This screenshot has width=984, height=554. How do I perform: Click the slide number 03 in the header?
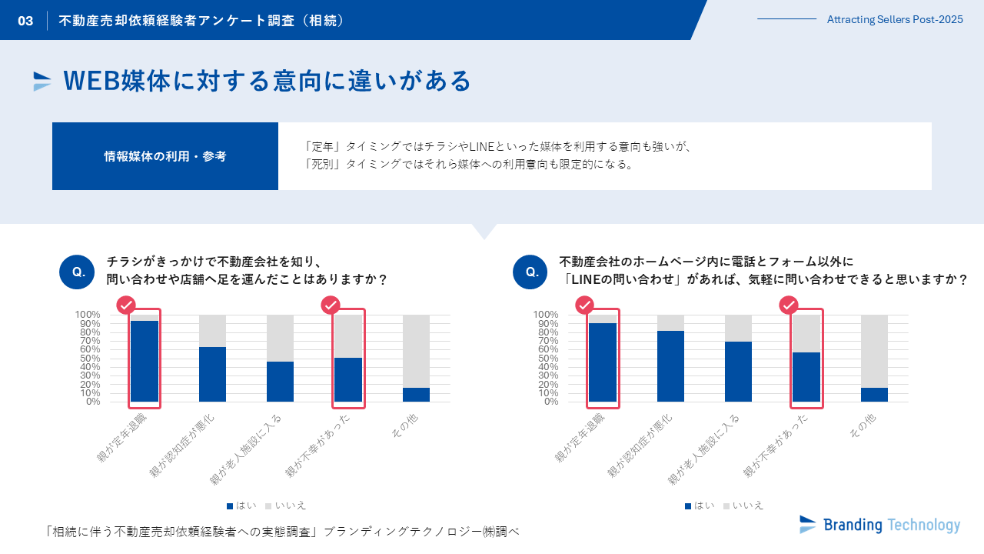pos(25,21)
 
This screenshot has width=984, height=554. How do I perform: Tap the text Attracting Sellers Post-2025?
pos(894,20)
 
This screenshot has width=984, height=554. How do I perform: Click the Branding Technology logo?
pos(879,525)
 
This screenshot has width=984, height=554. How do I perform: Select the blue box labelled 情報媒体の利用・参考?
pos(165,156)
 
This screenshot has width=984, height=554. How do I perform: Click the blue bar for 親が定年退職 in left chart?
pos(145,361)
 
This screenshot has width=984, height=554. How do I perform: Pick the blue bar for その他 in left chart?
pos(416,395)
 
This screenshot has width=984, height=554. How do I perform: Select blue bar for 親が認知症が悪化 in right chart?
pos(670,366)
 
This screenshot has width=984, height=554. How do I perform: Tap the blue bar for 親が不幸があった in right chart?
pos(806,377)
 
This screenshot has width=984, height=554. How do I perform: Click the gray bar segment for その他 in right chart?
pos(874,351)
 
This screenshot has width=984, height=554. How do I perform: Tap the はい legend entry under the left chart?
pos(241,506)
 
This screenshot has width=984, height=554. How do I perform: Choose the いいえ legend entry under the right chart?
pos(743,506)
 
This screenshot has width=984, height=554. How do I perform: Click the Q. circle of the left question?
pos(77,272)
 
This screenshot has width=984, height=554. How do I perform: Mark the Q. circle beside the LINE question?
pos(530,272)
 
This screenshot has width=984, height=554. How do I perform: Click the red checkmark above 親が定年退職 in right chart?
pos(585,305)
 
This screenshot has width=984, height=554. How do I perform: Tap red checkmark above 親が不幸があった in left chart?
pos(331,305)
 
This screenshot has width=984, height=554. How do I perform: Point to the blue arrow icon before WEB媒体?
pos(42,81)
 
